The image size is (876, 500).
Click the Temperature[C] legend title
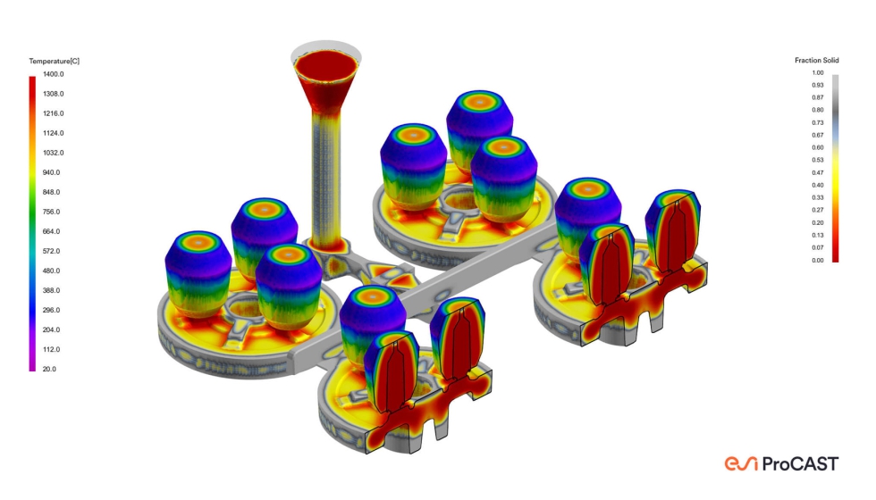click(55, 61)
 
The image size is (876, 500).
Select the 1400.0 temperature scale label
click(53, 74)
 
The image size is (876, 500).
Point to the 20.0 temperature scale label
click(49, 369)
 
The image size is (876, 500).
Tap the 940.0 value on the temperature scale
click(52, 172)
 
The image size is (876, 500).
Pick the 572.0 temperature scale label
click(52, 251)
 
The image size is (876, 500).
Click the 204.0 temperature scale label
click(52, 329)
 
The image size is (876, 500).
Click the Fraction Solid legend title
click(817, 61)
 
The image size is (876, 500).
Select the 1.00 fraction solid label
click(818, 73)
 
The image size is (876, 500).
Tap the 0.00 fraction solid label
click(818, 261)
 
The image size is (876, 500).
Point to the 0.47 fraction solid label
click(818, 173)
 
